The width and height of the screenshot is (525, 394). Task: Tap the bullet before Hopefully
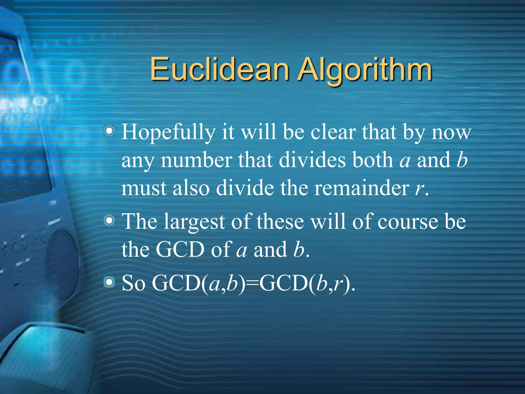point(109,131)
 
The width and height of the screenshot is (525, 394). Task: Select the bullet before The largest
point(109,221)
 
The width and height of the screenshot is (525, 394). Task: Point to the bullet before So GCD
point(109,282)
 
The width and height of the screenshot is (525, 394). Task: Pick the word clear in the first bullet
point(333,132)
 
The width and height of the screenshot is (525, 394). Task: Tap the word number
point(196,160)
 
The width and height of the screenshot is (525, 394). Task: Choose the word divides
point(312,160)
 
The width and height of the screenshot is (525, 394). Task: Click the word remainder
point(361,188)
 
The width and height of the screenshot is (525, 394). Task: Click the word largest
point(195,222)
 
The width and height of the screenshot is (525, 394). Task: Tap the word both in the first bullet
point(373,160)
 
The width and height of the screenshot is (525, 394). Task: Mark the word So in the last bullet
point(134,283)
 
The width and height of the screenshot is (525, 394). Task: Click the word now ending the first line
point(451,132)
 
